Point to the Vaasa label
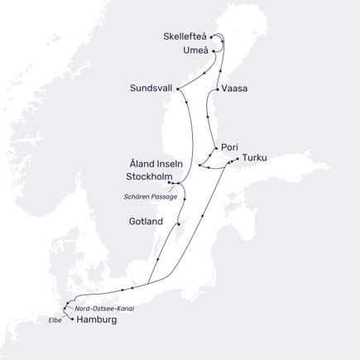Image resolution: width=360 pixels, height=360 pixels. [235, 88]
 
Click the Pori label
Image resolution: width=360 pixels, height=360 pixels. [230, 146]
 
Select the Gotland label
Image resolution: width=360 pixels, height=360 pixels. [146, 222]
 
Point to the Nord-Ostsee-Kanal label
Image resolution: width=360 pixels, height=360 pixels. [103, 308]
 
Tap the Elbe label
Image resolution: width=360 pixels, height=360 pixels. [55, 319]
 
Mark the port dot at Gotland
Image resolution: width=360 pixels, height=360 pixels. [178, 221]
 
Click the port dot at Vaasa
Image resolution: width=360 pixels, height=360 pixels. [217, 88]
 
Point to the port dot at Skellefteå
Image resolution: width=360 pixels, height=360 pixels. [212, 37]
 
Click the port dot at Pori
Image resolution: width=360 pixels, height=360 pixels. [215, 147]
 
